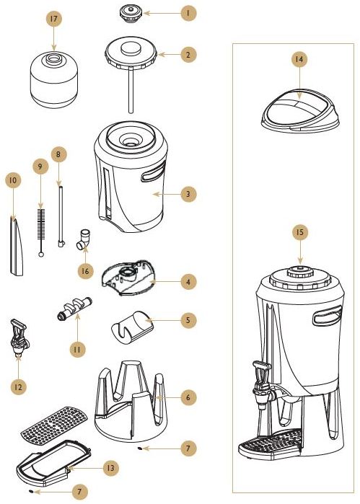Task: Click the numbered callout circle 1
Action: tap(188, 13)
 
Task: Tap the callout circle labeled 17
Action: tap(53, 19)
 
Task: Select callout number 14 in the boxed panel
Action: tap(299, 59)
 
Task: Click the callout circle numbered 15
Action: tap(300, 232)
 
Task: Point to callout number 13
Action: tap(110, 468)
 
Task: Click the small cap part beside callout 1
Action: tap(131, 14)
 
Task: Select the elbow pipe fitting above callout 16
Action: tap(83, 239)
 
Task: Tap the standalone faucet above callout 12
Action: tap(19, 337)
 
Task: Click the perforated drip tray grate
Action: tap(54, 425)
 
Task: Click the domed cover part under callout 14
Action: tap(300, 111)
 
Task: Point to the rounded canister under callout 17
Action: tap(53, 80)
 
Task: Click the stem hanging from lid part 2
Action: tap(131, 90)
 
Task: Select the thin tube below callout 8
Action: tap(61, 216)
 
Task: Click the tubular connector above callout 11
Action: tap(73, 309)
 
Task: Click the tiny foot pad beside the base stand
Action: tap(140, 448)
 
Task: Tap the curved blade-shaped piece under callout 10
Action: tap(17, 247)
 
